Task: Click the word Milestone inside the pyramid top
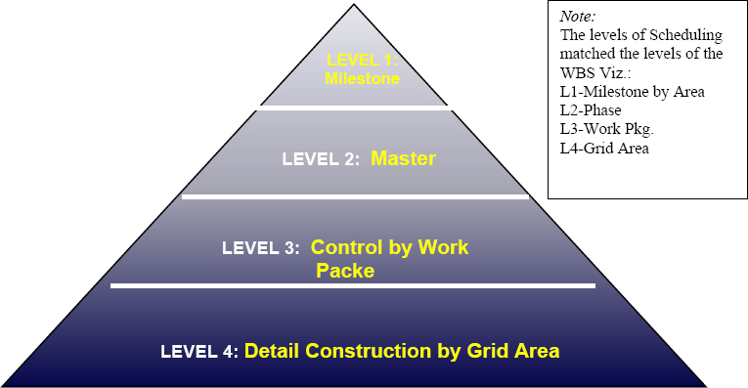click(362, 79)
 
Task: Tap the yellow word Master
click(403, 157)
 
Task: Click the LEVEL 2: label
click(321, 158)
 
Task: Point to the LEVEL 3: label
click(260, 248)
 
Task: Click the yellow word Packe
click(345, 271)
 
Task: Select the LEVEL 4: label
click(199, 351)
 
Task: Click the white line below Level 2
click(355, 196)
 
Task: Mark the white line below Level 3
click(352, 285)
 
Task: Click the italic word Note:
click(579, 18)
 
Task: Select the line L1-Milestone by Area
click(632, 92)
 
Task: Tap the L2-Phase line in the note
click(591, 110)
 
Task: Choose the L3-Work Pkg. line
click(606, 129)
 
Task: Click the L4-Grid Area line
click(603, 148)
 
